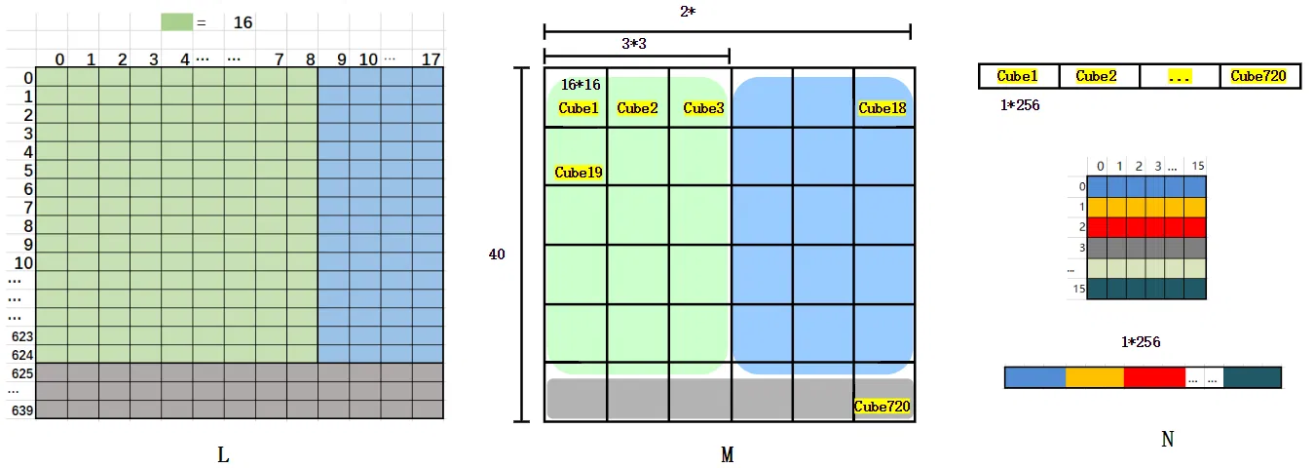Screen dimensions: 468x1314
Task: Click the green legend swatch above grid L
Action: pos(176,21)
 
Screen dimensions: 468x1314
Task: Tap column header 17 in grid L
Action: pos(431,59)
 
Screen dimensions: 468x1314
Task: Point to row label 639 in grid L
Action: pos(22,410)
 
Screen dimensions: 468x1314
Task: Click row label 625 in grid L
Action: pos(22,373)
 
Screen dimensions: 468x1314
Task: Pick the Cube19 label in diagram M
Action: pos(578,173)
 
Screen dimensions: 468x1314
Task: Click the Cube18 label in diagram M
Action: pos(882,108)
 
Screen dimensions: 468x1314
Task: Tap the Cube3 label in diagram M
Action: pos(703,108)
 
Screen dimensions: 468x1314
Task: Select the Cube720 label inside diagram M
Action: pos(882,406)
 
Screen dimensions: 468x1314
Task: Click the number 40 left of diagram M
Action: pos(497,253)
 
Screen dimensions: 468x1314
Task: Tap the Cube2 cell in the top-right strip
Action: pos(1097,76)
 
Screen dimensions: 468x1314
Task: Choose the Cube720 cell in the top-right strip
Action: pos(1258,76)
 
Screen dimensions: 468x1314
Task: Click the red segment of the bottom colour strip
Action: pos(1154,377)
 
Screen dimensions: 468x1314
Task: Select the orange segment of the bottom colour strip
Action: pos(1095,377)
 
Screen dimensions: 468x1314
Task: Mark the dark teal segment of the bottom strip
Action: pos(1253,377)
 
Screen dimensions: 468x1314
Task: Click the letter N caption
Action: pos(1168,440)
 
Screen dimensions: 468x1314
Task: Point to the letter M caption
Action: pos(727,454)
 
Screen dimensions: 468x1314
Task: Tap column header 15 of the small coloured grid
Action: pos(1197,167)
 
